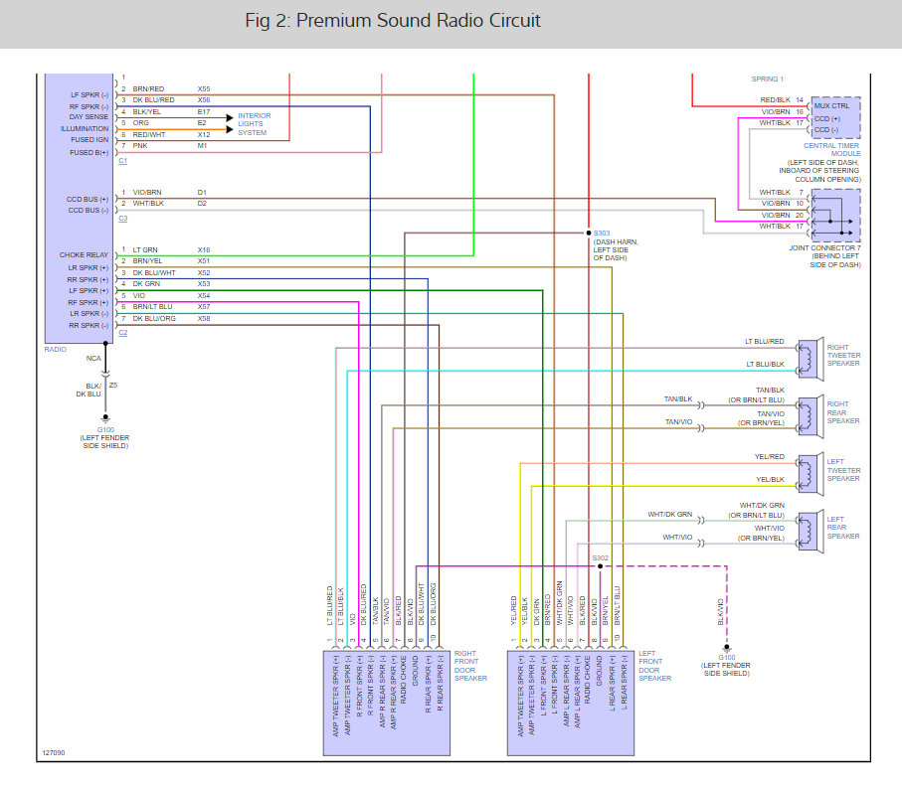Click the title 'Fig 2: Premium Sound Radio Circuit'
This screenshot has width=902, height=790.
pos(393,21)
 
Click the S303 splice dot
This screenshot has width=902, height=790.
pos(589,234)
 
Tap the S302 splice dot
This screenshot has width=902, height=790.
pos(600,566)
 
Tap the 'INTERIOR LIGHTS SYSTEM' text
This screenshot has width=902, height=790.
pos(254,124)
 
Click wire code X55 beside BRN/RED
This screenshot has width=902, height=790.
pos(204,88)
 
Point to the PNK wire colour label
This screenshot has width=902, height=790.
pos(139,145)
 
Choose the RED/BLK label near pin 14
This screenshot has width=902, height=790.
pos(775,100)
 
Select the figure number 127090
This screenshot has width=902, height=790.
pos(54,754)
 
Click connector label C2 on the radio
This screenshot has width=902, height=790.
pos(122,333)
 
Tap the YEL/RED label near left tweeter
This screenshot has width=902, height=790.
pos(771,456)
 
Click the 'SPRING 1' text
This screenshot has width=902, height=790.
pos(768,79)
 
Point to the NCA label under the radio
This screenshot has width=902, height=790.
pos(93,358)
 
